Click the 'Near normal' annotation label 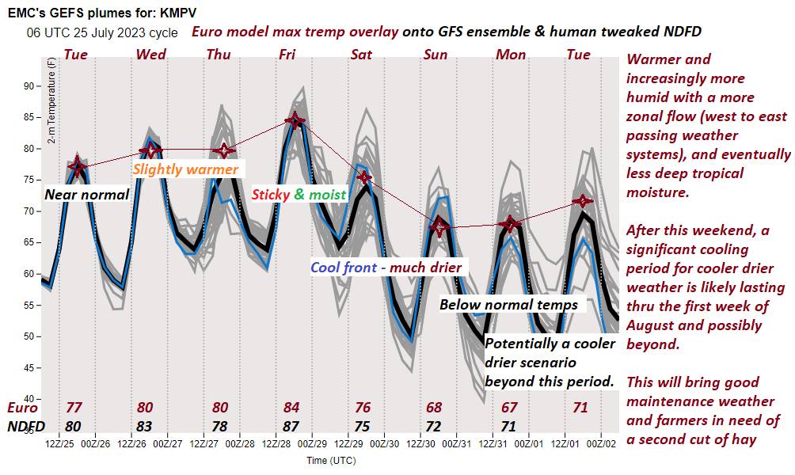tap(86, 194)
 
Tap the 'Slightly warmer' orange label tap(185, 169)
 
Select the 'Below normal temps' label tap(508, 305)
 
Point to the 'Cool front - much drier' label tap(386, 268)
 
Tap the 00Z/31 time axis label tap(457, 443)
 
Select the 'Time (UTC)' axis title tap(332, 459)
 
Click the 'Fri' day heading tap(288, 55)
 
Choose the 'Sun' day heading tap(435, 55)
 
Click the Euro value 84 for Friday tap(291, 408)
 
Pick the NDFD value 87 tap(291, 425)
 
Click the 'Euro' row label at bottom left tap(21, 408)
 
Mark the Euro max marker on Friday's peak tap(295, 120)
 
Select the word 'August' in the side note tap(654, 325)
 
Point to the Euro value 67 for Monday tap(508, 408)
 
